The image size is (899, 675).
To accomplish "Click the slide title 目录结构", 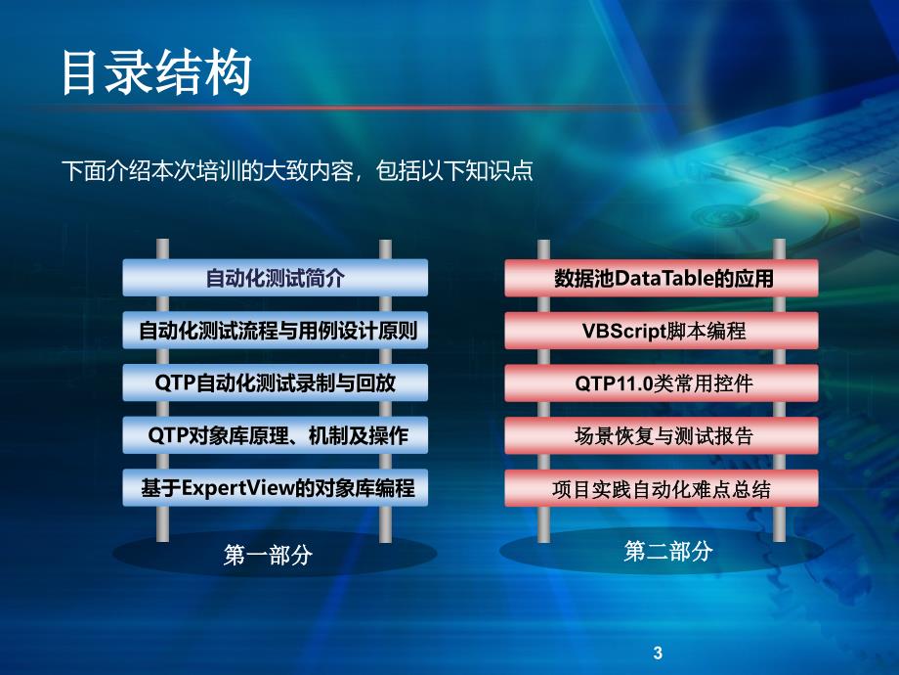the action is [x=156, y=72].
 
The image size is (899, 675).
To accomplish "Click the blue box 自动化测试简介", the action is [x=276, y=278].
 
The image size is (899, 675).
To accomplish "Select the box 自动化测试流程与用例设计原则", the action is [x=276, y=330].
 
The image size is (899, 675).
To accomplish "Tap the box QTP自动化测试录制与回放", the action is [x=276, y=382].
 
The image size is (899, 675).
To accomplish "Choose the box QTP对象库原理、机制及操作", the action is [x=276, y=435].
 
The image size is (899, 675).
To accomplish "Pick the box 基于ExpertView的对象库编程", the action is [x=276, y=488].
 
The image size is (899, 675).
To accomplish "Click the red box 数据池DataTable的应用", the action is [x=662, y=278].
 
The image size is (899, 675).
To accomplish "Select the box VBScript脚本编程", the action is [x=662, y=330].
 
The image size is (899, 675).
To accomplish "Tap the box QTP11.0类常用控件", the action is [x=662, y=382].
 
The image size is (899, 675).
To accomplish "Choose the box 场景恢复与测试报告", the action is [x=662, y=435].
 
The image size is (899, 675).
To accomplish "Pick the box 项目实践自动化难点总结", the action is [x=662, y=488].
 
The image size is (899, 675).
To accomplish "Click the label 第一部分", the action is [x=268, y=555].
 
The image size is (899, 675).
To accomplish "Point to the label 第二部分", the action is [x=668, y=552].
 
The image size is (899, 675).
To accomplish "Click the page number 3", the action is [x=658, y=652].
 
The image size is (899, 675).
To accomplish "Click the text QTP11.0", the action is [x=614, y=383].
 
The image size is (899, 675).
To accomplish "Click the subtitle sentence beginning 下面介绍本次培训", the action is [x=298, y=171].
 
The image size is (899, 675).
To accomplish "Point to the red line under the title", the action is [x=356, y=108].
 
